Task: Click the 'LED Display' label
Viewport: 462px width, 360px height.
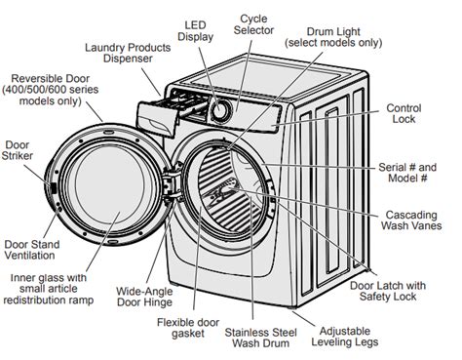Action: pyautogui.click(x=195, y=31)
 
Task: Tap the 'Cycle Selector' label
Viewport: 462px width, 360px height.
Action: pyautogui.click(x=253, y=24)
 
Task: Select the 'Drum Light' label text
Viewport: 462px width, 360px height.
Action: pyautogui.click(x=333, y=32)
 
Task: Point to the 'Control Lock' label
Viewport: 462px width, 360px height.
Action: pyautogui.click(x=404, y=113)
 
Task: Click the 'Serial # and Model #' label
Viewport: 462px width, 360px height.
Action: pyautogui.click(x=407, y=173)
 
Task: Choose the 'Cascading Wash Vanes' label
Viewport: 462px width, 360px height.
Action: pyautogui.click(x=411, y=220)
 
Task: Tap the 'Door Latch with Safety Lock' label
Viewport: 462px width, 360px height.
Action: pyautogui.click(x=388, y=291)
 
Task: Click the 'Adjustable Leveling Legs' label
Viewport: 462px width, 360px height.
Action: pyautogui.click(x=345, y=337)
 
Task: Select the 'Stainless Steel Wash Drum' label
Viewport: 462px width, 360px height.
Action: pyautogui.click(x=260, y=338)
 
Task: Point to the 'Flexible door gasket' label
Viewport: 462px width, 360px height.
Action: pyautogui.click(x=188, y=328)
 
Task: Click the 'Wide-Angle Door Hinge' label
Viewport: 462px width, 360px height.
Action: pyautogui.click(x=144, y=297)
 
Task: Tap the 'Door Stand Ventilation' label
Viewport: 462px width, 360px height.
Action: pyautogui.click(x=32, y=250)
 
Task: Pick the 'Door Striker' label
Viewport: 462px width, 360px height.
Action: pyautogui.click(x=17, y=150)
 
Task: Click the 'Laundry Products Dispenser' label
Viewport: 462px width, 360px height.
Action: pyautogui.click(x=128, y=53)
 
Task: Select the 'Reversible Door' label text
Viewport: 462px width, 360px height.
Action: pyautogui.click(x=51, y=79)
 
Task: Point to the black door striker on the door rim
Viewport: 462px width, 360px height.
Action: pyautogui.click(x=54, y=188)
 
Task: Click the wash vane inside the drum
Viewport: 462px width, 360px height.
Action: pyautogui.click(x=221, y=193)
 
